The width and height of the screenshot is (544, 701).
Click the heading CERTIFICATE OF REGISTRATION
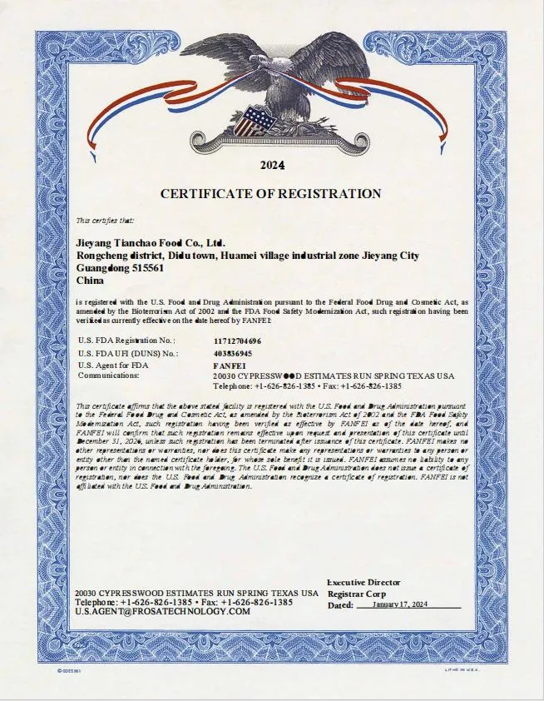click(271, 194)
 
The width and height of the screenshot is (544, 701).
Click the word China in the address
click(89, 282)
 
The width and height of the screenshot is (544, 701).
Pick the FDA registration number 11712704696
click(237, 341)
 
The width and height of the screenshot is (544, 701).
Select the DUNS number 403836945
click(233, 353)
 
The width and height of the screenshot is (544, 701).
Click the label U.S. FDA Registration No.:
click(126, 341)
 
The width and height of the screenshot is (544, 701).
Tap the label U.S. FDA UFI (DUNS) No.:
click(128, 353)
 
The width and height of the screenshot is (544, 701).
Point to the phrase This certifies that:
click(105, 221)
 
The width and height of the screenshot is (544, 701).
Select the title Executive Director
click(363, 582)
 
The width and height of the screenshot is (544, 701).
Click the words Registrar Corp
click(356, 594)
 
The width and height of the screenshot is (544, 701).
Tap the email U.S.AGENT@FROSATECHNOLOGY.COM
click(162, 611)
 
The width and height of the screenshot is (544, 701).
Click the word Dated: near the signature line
click(340, 605)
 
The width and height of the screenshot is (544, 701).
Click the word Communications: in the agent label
click(108, 375)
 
